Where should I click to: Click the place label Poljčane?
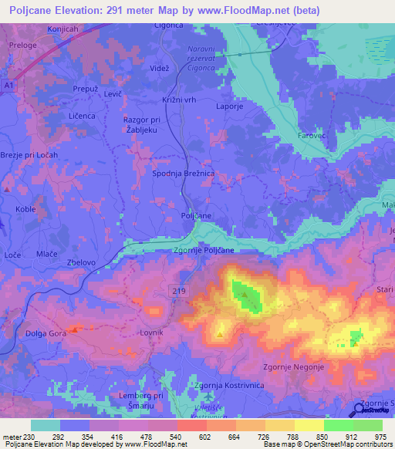(196, 216)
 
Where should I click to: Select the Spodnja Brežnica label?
(183, 175)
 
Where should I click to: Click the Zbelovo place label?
(81, 262)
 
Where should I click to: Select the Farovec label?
(312, 136)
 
